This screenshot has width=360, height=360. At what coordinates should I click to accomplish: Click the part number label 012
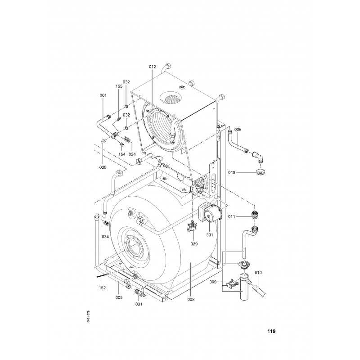[x=152, y=67]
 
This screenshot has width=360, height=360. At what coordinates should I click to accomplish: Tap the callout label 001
[x=103, y=95]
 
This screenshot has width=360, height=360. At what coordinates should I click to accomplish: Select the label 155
[x=119, y=86]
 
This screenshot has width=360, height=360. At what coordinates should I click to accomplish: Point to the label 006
[x=238, y=130]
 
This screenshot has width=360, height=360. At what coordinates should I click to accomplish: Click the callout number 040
[x=232, y=172]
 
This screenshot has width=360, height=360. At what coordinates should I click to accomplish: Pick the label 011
[x=232, y=216]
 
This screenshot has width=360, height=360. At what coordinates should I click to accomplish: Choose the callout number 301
[x=209, y=235]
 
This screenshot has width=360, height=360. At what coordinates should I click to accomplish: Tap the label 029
[x=194, y=244]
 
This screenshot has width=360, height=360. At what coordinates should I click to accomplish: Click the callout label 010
[x=258, y=273]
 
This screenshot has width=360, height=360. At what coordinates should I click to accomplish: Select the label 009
[x=213, y=282]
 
